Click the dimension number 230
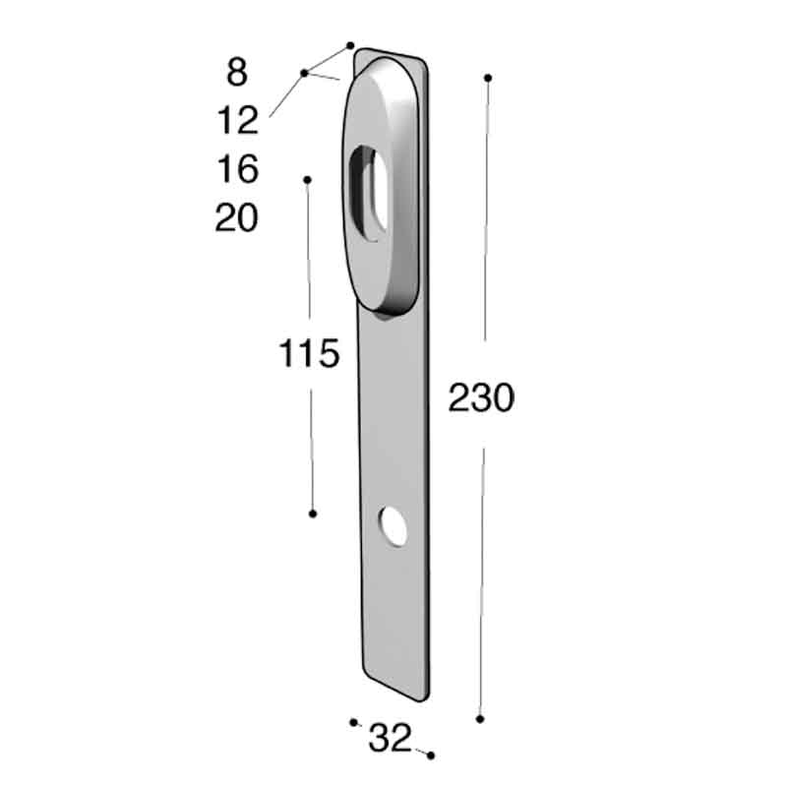tap(481, 398)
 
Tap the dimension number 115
tap(309, 353)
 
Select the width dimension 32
tap(390, 739)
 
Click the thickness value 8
tap(237, 72)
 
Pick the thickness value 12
tap(237, 121)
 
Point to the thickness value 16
tap(237, 169)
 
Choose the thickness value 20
tap(237, 217)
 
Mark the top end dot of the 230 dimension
tap(488, 77)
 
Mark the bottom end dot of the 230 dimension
tap(480, 719)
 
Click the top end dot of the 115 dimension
tap(308, 180)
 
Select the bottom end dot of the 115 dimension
tap(313, 514)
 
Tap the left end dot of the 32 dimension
tap(353, 722)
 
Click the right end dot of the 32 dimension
tap(431, 755)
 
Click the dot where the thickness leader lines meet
tap(304, 73)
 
